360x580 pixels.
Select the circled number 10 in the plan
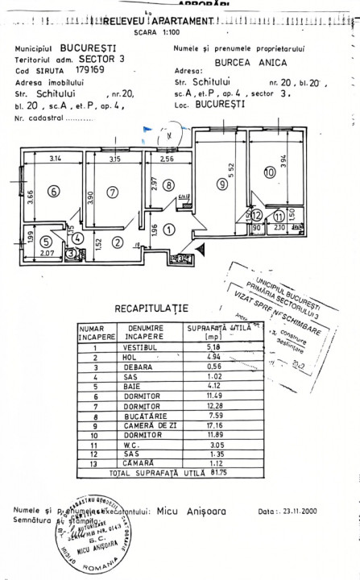click(x=268, y=171)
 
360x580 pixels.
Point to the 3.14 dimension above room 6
click(x=55, y=159)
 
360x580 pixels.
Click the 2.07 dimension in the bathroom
click(x=48, y=254)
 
